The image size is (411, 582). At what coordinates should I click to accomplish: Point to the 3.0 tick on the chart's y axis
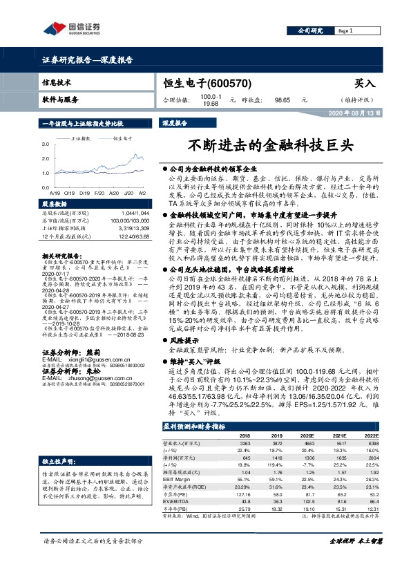coord(45,143)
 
